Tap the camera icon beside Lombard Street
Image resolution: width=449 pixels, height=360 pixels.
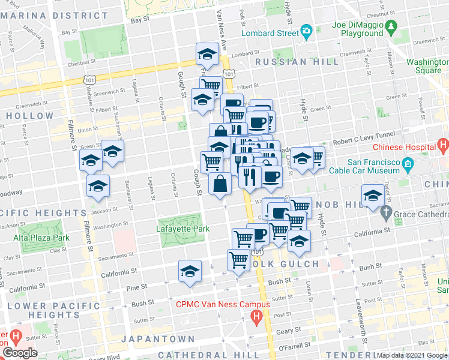tap(307, 32)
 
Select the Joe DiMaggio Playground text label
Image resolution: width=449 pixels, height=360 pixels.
tap(358, 29)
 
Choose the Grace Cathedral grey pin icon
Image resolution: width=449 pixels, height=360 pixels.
tap(386, 212)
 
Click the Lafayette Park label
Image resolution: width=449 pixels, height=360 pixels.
tap(181, 229)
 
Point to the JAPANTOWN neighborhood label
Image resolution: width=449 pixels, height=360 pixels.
tap(158, 339)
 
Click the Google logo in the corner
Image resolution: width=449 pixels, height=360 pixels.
tap(20, 353)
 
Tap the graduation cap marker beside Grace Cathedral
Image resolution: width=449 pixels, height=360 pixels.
tap(373, 196)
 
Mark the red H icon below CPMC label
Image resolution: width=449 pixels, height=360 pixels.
tap(257, 316)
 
